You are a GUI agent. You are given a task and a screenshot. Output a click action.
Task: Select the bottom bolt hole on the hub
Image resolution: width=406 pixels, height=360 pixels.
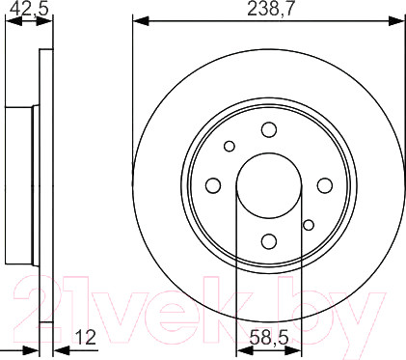[269, 240]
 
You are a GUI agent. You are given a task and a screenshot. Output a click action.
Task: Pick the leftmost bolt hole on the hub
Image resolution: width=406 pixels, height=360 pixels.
[214, 184]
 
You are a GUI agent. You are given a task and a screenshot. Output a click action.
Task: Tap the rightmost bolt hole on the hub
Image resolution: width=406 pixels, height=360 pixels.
[325, 184]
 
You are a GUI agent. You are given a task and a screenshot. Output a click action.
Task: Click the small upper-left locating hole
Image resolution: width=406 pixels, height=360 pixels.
[230, 146]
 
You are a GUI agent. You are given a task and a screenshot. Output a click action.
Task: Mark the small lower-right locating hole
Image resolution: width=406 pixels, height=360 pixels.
[309, 225]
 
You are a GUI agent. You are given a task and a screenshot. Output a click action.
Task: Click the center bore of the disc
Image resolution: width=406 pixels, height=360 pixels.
[269, 184]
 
